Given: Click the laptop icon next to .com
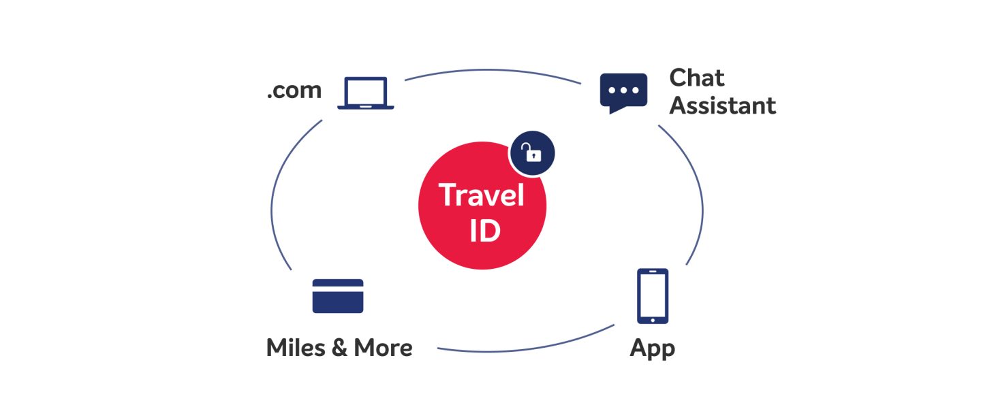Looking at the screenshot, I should coord(366,93).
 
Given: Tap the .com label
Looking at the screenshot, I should coord(294,91).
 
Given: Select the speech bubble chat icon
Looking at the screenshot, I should coord(623,93).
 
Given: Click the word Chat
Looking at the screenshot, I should coord(696,78).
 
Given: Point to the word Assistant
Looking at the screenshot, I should coord(722,105).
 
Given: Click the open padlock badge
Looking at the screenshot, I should coord(532,153).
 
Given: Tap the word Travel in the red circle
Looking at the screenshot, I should coord(482,196).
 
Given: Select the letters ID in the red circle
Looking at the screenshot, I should coord(484,230).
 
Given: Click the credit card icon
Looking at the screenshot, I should coord(338,295).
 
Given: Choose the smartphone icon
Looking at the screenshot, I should coord(652,296).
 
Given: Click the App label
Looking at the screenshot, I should coord(652,349).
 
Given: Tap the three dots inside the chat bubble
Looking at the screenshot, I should coord(623,90).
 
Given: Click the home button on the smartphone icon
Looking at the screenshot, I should coord(653,319).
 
